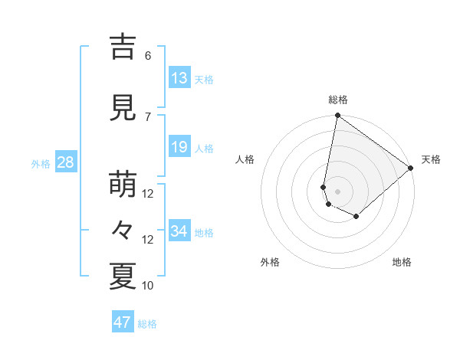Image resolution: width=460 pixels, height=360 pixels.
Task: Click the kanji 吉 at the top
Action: (x=123, y=47)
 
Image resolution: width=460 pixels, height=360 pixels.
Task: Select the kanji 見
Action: (x=123, y=109)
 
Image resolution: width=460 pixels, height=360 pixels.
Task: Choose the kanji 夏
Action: (x=123, y=277)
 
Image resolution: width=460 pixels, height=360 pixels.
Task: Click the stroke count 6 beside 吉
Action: (x=148, y=55)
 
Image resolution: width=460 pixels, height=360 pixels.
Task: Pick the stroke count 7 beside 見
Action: (x=148, y=116)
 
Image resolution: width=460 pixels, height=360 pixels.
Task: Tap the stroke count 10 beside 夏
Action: (x=148, y=285)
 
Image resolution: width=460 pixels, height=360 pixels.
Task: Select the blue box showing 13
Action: (x=179, y=77)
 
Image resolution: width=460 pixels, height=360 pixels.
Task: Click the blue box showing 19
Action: (x=179, y=147)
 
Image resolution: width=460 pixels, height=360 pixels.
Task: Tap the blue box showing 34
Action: (x=179, y=231)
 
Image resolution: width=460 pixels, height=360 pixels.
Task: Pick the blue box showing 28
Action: (x=64, y=162)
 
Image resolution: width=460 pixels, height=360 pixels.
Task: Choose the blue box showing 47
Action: (x=123, y=322)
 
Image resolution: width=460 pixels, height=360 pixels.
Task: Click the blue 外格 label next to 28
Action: (x=41, y=163)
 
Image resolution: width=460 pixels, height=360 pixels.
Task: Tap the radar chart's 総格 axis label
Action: (x=337, y=100)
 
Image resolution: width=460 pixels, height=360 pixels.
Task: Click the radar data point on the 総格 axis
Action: (x=337, y=116)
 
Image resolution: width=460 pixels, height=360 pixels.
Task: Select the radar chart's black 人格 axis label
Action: (x=245, y=159)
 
